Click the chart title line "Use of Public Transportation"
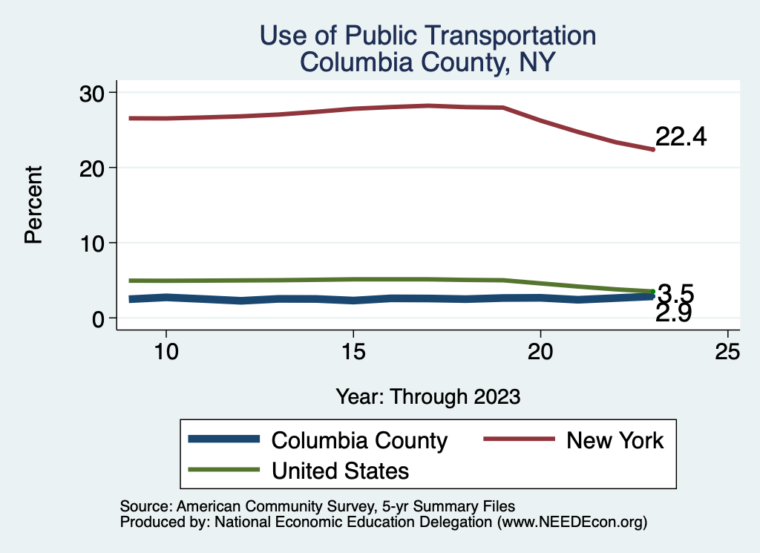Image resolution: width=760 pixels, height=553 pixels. pyautogui.click(x=427, y=36)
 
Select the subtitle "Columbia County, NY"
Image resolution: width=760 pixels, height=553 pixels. pyautogui.click(x=427, y=62)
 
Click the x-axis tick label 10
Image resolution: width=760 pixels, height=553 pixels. pyautogui.click(x=166, y=352)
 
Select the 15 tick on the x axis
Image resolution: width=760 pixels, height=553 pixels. pyautogui.click(x=353, y=352)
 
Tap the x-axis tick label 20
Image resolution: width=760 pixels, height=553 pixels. pyautogui.click(x=540, y=352)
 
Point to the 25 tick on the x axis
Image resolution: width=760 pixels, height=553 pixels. pyautogui.click(x=727, y=352)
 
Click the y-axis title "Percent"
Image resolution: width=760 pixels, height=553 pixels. pyautogui.click(x=33, y=206)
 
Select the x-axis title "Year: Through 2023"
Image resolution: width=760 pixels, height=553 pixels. pyautogui.click(x=427, y=396)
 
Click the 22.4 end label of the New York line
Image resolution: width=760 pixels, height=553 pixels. pyautogui.click(x=680, y=137)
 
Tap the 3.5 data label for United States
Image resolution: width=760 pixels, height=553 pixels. pyautogui.click(x=675, y=293)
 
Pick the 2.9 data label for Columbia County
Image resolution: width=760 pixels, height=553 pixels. pyautogui.click(x=674, y=313)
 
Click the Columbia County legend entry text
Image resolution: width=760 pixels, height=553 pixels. pyautogui.click(x=359, y=440)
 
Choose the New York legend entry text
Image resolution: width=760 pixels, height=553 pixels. pyautogui.click(x=615, y=440)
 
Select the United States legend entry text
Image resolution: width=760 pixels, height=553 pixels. pyautogui.click(x=341, y=470)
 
